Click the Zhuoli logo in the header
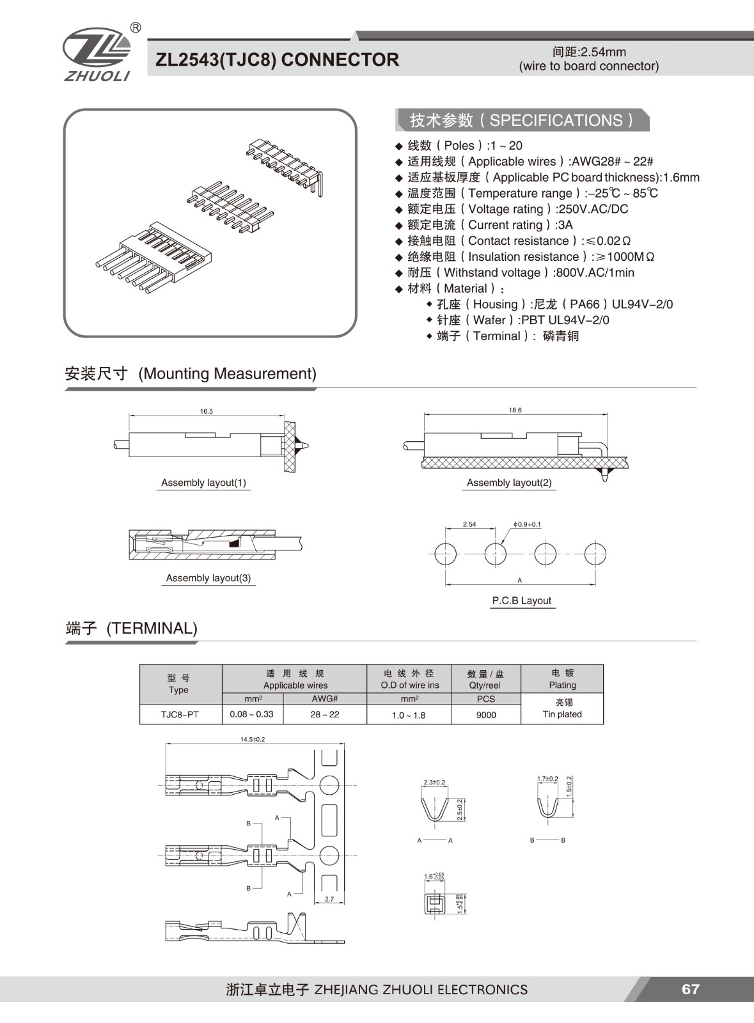pos(97,54)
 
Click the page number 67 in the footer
pos(690,989)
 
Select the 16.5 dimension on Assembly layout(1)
pos(206,411)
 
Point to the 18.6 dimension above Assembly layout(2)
pos(515,410)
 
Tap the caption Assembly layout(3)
pos(208,578)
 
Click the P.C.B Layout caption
pos(521,600)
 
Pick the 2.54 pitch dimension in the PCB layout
pos(469,524)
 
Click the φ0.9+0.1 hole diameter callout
pos(526,524)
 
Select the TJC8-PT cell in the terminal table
pos(180,714)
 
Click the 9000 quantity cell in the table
pos(486,715)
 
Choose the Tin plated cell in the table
pos(562,714)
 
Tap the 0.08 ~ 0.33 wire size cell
pos(251,714)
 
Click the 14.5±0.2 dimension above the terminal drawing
pos(253,739)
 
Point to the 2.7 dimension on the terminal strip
pos(329,899)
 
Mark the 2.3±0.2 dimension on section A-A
pos(434,782)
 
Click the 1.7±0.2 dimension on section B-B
pos(547,779)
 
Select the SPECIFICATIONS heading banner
pos(522,120)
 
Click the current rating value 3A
pos(565,225)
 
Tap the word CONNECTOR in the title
pos(340,60)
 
